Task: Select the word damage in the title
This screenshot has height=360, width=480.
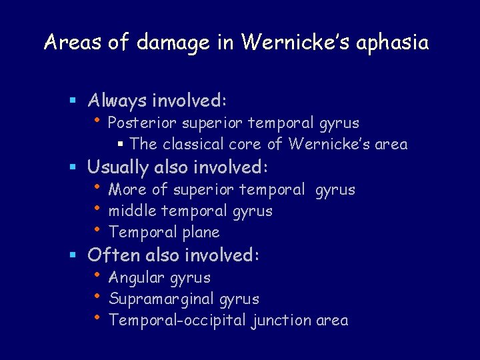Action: coord(173,43)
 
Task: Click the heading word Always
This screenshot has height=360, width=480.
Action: coord(117,101)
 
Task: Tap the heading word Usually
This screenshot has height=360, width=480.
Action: coord(119,167)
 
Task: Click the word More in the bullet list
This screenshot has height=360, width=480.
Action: coord(128,190)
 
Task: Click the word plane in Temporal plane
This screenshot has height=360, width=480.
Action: coord(198,233)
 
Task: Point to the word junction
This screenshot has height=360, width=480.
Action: coord(280,321)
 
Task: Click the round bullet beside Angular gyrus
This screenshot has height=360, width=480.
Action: coord(97,275)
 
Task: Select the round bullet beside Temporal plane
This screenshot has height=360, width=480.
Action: coord(97,229)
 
